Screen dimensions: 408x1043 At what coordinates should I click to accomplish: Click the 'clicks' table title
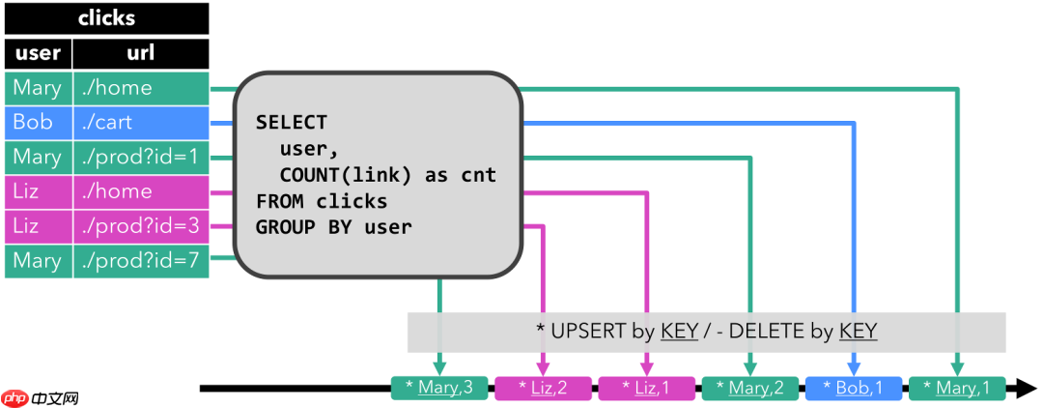pyautogui.click(x=106, y=18)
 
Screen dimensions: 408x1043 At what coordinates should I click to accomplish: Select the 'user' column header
pyautogui.click(x=38, y=53)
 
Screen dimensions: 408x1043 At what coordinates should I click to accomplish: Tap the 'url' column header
pyautogui.click(x=141, y=53)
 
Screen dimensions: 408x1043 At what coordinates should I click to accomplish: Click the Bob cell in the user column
pyautogui.click(x=38, y=123)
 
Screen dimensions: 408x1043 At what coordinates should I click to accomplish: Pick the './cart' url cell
pyautogui.click(x=141, y=123)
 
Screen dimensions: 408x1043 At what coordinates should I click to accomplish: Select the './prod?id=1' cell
pyautogui.click(x=141, y=157)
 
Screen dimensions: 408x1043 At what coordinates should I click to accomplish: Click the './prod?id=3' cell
pyautogui.click(x=141, y=226)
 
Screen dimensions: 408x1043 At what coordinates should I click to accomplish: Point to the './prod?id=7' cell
pyautogui.click(x=141, y=261)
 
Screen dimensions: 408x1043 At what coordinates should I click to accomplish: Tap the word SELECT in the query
pyautogui.click(x=292, y=123)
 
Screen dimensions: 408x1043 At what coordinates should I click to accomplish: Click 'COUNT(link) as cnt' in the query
pyautogui.click(x=387, y=175)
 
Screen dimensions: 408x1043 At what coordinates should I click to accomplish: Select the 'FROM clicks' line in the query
pyautogui.click(x=321, y=201)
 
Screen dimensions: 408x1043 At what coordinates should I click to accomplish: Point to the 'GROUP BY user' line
pyautogui.click(x=333, y=227)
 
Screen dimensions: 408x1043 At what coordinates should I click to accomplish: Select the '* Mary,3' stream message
pyautogui.click(x=439, y=389)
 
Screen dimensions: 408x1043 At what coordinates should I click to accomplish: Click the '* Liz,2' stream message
pyautogui.click(x=543, y=389)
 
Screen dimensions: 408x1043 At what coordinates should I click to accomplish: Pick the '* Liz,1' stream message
pyautogui.click(x=646, y=389)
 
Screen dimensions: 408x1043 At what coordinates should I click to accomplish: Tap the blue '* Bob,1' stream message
pyautogui.click(x=854, y=389)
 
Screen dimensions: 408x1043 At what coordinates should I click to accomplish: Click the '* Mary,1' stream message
pyautogui.click(x=957, y=389)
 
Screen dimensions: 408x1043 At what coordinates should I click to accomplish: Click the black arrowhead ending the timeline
pyautogui.click(x=1022, y=389)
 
